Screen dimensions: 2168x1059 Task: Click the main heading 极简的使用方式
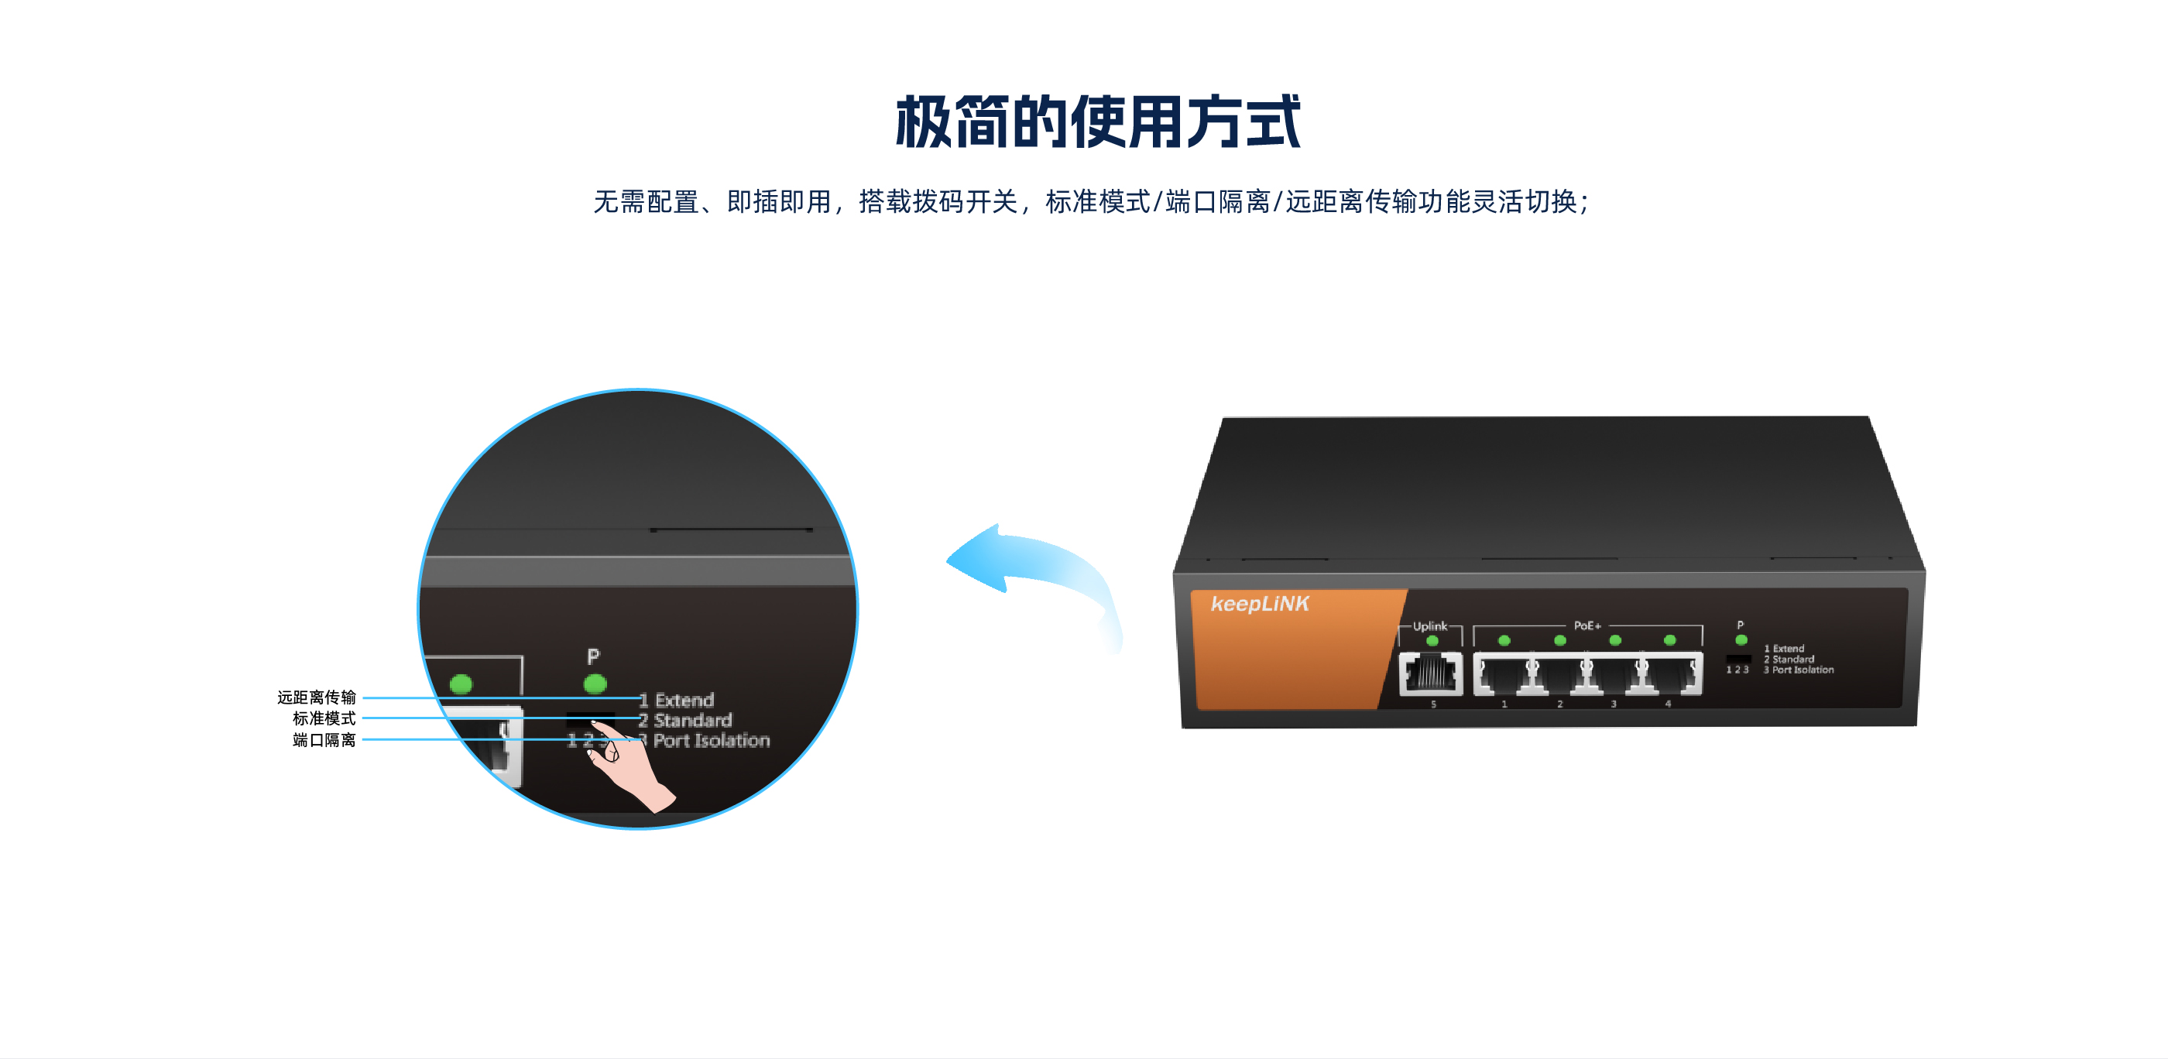[x=1097, y=122]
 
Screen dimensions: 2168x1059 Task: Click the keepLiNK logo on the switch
[x=1259, y=604]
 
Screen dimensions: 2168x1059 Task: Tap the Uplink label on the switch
[x=1430, y=625]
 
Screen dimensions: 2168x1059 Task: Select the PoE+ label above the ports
[x=1587, y=625]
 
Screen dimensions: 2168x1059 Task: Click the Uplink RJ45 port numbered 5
[x=1431, y=673]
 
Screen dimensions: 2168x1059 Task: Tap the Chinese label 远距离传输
[x=317, y=697]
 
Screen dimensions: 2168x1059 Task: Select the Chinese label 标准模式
[x=324, y=718]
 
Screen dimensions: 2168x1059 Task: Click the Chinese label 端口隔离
[x=324, y=740]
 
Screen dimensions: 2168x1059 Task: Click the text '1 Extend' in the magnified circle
[x=676, y=700]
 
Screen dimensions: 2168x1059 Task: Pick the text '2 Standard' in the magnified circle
[x=685, y=720]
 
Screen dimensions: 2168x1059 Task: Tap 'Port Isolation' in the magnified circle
[x=712, y=740]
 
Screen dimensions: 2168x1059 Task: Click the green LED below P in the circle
[x=595, y=684]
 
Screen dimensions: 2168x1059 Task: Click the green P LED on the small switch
[x=1741, y=640]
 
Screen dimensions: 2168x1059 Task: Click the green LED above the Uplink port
[x=1432, y=641]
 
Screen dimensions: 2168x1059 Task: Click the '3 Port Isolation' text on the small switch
[x=1799, y=670]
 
